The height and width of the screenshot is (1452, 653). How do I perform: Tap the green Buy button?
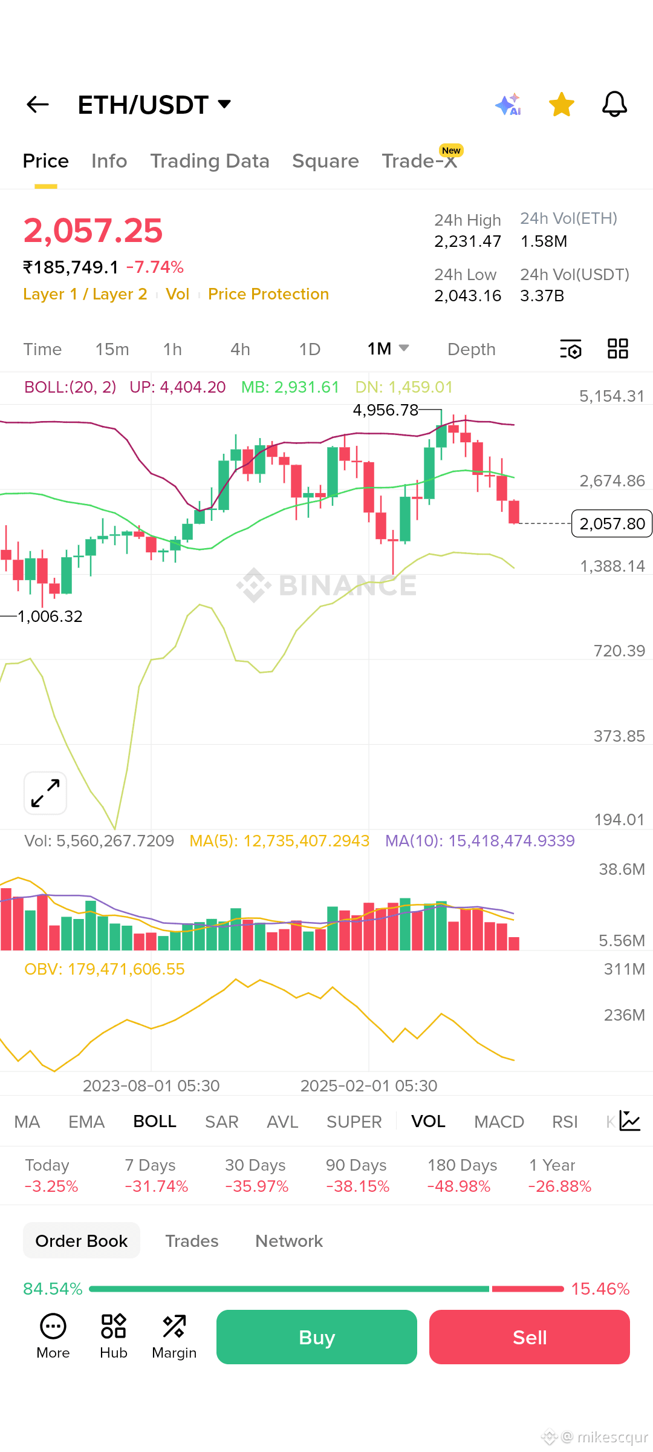click(317, 1337)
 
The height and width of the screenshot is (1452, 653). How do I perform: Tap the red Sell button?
click(530, 1337)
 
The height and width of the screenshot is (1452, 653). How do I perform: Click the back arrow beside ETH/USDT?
click(37, 105)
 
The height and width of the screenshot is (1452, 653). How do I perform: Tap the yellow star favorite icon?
click(562, 105)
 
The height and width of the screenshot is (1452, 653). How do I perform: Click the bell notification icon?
click(614, 104)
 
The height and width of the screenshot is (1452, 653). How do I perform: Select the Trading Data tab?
click(210, 161)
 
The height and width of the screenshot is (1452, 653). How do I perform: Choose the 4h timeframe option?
click(240, 349)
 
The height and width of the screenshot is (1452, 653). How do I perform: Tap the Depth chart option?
click(472, 349)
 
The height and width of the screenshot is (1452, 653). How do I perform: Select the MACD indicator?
click(499, 1122)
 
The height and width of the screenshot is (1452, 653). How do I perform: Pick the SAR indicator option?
click(221, 1122)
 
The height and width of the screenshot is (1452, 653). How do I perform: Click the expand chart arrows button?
click(45, 793)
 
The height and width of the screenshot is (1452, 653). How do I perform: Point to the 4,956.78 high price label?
click(386, 410)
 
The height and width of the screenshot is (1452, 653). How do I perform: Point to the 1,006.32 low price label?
click(50, 616)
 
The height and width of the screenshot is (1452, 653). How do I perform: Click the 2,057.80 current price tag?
click(612, 523)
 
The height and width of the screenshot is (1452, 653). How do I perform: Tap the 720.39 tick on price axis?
click(619, 651)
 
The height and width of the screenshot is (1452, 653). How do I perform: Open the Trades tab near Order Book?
click(192, 1241)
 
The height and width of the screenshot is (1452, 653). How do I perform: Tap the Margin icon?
click(174, 1336)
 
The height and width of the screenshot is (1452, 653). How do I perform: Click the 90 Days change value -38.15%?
click(358, 1186)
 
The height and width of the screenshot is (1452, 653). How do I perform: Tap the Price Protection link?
click(268, 294)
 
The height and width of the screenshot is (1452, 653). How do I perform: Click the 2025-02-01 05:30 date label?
click(369, 1086)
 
